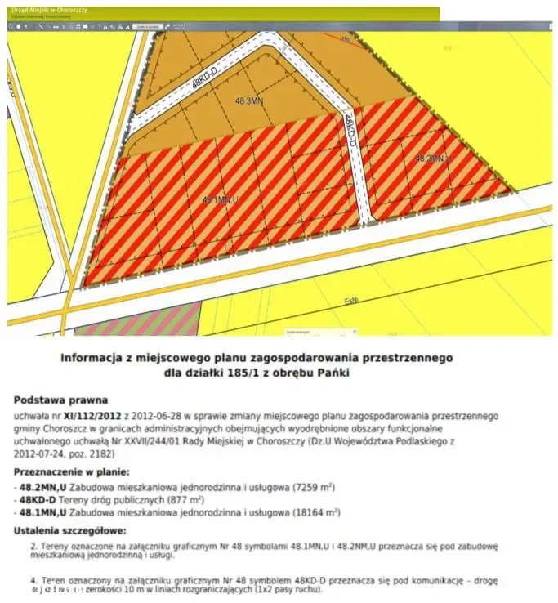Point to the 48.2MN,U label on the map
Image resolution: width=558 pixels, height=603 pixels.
pyautogui.click(x=433, y=158)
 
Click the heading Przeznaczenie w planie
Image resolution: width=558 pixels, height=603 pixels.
pyautogui.click(x=72, y=472)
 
